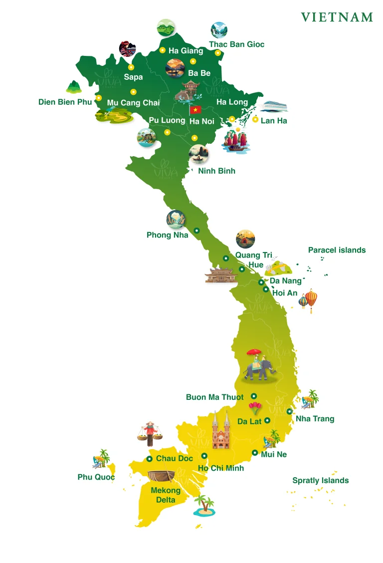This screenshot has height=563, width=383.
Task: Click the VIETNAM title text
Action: (x=337, y=17)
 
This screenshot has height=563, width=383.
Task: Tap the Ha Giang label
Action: (x=186, y=50)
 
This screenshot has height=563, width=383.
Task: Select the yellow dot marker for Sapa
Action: (x=131, y=67)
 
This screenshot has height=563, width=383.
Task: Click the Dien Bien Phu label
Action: (x=65, y=102)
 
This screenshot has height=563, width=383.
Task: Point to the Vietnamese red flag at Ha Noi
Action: (x=195, y=109)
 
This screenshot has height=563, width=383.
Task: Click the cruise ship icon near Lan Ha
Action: (x=274, y=107)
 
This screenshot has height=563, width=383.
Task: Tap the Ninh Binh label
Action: (x=216, y=171)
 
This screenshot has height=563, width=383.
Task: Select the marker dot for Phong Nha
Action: (x=196, y=231)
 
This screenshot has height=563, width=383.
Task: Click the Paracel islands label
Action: (x=337, y=250)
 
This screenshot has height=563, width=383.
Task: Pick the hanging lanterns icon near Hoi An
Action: (x=309, y=300)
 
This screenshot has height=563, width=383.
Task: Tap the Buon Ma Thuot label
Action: (x=215, y=397)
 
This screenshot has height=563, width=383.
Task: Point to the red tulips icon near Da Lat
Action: (x=255, y=408)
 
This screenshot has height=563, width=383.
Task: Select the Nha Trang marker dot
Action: (x=289, y=411)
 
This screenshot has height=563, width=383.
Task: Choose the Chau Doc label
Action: (x=174, y=458)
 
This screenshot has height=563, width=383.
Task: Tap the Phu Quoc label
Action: (x=96, y=477)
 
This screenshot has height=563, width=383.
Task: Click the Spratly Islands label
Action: (x=320, y=481)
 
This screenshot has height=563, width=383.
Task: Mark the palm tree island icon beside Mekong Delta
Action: (x=204, y=506)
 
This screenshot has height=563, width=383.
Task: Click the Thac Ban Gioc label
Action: (x=236, y=44)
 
